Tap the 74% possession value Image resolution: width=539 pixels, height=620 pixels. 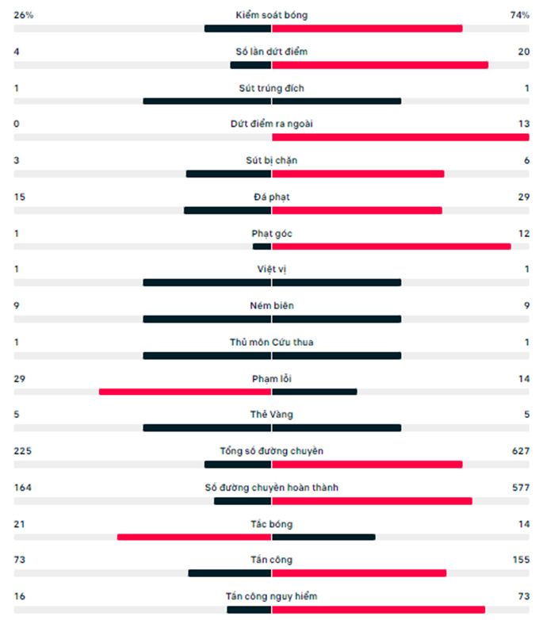(x=520, y=15)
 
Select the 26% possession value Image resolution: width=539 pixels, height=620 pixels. (x=24, y=15)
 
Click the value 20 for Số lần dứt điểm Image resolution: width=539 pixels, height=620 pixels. (x=523, y=52)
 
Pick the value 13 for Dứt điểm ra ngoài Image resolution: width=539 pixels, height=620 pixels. (x=523, y=124)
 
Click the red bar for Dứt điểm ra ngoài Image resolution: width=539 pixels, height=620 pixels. (x=400, y=137)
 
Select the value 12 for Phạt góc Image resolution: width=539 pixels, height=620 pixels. (x=523, y=233)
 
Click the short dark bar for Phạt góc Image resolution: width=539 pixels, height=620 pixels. (x=262, y=247)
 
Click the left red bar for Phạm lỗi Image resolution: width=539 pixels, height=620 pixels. (x=185, y=392)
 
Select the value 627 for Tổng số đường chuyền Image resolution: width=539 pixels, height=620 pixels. (x=521, y=451)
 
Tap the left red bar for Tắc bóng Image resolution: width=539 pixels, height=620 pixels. (x=194, y=537)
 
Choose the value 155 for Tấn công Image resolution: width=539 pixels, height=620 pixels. (x=521, y=560)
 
